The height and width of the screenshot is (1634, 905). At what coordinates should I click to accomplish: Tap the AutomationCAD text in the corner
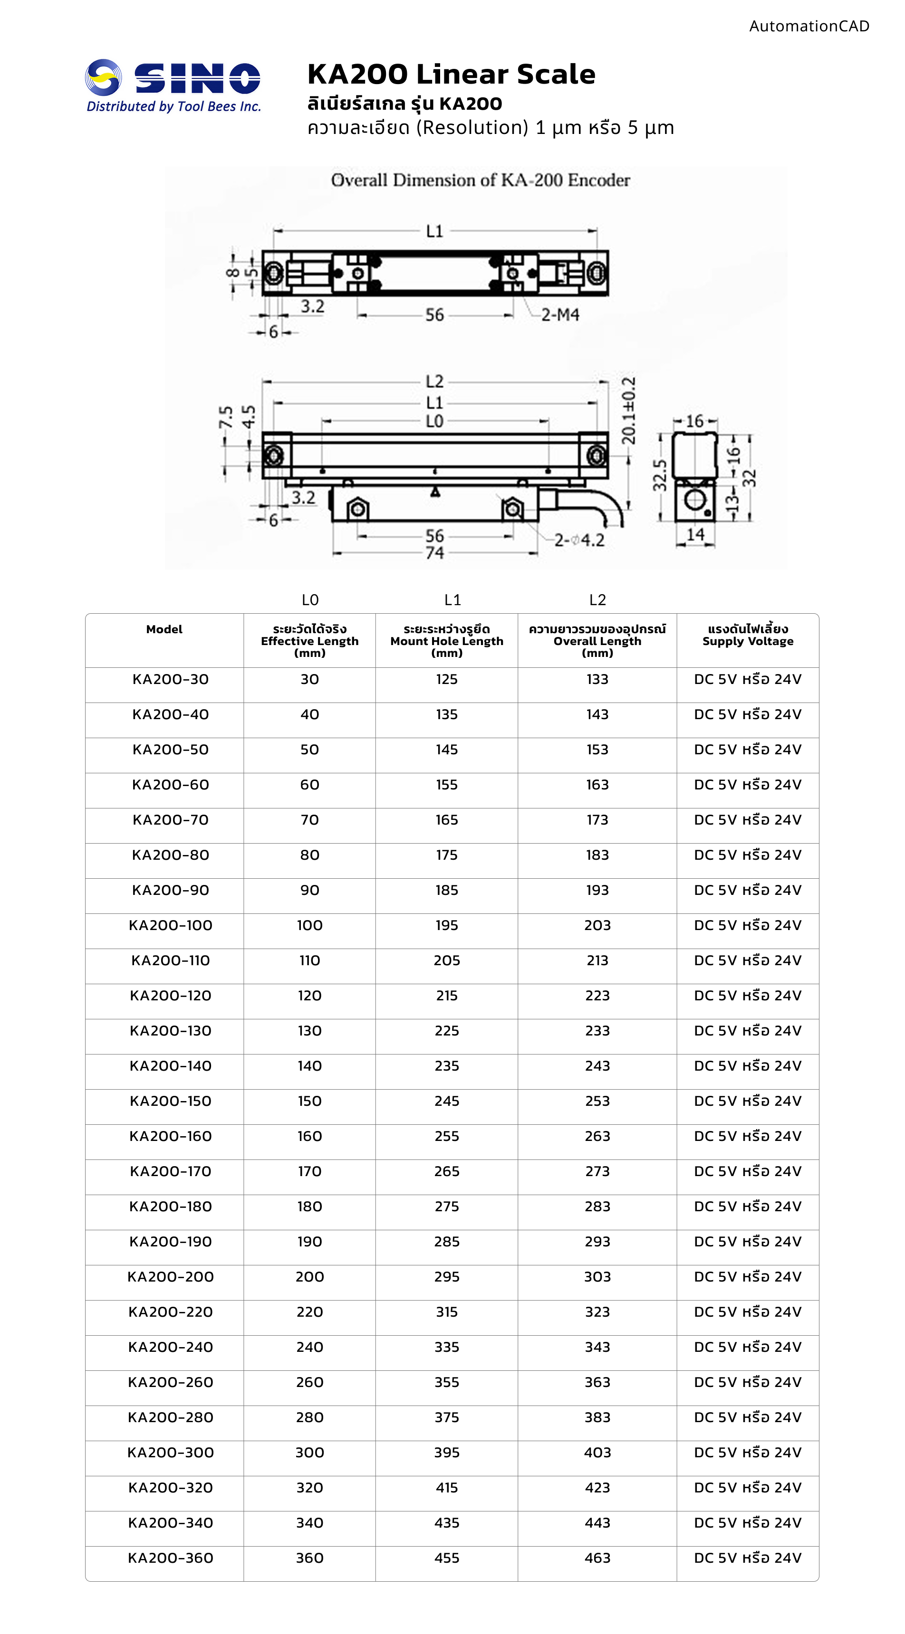809,26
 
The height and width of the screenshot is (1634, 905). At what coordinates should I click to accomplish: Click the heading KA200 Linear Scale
451,74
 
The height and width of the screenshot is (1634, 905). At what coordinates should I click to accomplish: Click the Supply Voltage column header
748,635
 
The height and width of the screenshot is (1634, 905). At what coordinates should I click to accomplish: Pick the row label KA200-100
170,925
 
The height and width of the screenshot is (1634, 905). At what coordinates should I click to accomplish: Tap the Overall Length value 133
597,679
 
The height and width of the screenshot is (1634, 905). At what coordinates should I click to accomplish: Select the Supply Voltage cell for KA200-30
748,679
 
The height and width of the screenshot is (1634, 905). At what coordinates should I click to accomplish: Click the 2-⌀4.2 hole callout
579,541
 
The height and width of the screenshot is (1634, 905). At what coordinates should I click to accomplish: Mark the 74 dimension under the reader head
435,552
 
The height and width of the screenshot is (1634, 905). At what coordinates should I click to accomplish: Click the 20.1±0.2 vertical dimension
628,410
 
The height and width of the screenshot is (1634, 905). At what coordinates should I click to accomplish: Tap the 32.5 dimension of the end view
660,475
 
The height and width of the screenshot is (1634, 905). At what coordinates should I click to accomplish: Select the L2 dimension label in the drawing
435,381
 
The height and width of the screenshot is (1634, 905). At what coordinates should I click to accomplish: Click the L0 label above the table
310,599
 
